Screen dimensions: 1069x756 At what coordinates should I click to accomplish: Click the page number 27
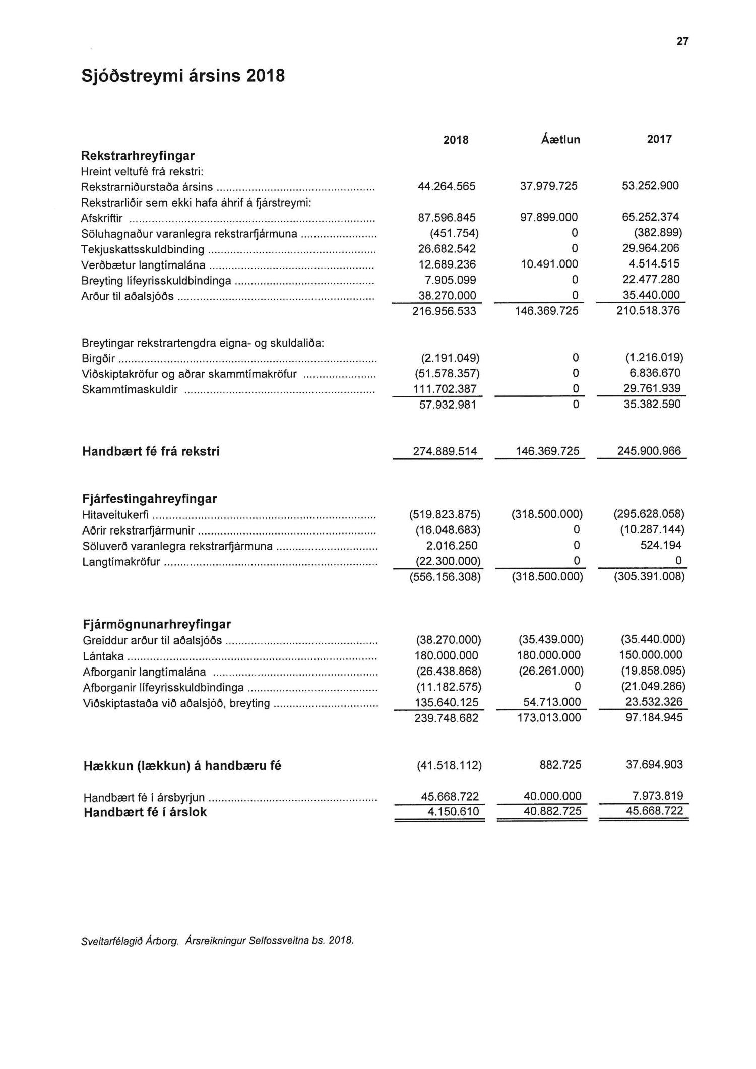tap(682, 42)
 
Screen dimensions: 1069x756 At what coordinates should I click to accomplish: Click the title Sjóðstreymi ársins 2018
tap(183, 76)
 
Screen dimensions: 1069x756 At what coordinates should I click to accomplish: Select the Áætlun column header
tap(560, 140)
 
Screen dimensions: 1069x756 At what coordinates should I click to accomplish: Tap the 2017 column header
tap(659, 139)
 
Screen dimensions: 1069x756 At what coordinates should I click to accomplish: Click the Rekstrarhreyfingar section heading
tap(138, 156)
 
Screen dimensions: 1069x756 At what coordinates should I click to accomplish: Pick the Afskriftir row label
tap(102, 219)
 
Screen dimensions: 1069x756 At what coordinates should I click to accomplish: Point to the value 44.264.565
tap(447, 186)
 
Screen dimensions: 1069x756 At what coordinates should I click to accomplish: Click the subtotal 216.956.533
tap(444, 311)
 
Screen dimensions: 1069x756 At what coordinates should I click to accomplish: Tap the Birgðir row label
tap(98, 359)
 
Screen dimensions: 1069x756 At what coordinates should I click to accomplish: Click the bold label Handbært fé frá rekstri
tap(151, 451)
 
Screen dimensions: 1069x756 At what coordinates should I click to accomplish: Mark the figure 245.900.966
tap(649, 451)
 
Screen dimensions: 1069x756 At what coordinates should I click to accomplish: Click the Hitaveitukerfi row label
tap(115, 515)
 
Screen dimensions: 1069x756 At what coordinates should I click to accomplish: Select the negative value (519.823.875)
tap(445, 514)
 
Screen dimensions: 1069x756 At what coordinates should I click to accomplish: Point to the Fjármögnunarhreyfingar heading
tap(156, 624)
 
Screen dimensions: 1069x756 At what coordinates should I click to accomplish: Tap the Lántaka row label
tap(103, 656)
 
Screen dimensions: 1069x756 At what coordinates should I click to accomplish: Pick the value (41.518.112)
tap(449, 766)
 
